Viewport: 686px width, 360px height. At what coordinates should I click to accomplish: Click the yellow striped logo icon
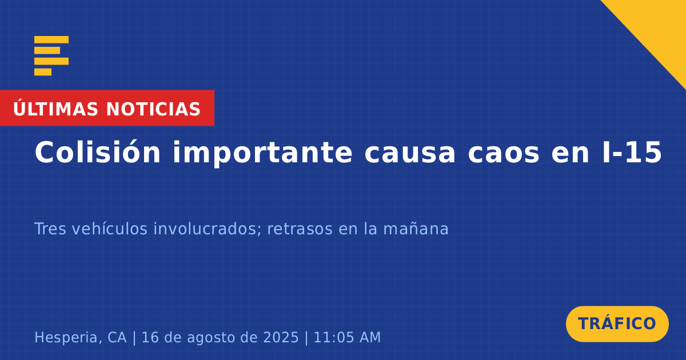tap(51, 56)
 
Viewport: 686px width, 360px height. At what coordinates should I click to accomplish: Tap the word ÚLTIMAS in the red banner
tap(55, 108)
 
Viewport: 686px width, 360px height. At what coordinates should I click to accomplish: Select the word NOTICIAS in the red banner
tap(153, 109)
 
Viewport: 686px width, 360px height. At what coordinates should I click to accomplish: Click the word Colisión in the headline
tap(97, 152)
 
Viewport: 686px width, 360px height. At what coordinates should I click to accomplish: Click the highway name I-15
tap(632, 152)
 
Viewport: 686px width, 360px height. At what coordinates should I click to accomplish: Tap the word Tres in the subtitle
tap(50, 229)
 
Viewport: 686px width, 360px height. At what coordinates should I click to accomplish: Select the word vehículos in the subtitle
tap(110, 229)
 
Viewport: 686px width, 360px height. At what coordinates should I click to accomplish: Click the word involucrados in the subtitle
tap(208, 229)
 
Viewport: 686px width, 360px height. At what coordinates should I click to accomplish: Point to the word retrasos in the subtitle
tap(300, 229)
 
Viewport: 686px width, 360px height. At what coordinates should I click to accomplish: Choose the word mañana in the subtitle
tap(416, 229)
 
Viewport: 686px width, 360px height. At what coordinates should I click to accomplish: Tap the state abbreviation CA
tap(117, 337)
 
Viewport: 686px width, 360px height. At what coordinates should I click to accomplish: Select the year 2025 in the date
tap(281, 337)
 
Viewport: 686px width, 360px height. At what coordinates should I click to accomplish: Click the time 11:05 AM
tap(348, 337)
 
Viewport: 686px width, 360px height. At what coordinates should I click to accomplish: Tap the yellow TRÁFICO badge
tap(617, 324)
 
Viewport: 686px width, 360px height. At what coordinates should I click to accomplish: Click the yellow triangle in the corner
tap(659, 27)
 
